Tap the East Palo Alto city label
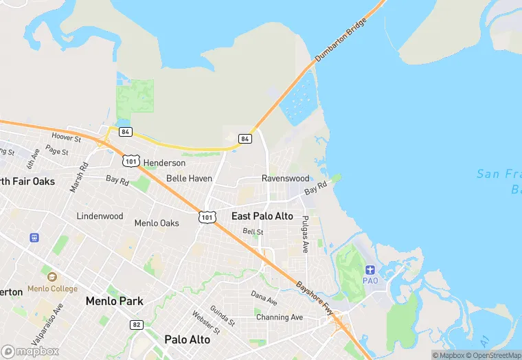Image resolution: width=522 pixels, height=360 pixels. click(x=262, y=216)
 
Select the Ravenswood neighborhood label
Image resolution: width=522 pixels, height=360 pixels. click(x=284, y=178)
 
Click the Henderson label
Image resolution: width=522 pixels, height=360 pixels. click(x=164, y=163)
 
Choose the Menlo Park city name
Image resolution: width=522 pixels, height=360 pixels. click(x=114, y=301)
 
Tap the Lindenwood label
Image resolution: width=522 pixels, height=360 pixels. click(x=100, y=216)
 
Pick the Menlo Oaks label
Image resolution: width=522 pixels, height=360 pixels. click(x=157, y=223)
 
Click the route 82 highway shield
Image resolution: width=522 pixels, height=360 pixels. click(x=136, y=324)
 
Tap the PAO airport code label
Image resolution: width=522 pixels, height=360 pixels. click(x=371, y=281)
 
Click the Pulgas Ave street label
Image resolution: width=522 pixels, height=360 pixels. click(x=305, y=234)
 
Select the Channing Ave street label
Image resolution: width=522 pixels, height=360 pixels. click(x=279, y=317)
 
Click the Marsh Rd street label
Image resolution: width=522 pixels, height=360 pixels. click(x=80, y=177)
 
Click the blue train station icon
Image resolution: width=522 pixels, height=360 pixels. click(x=34, y=238)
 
